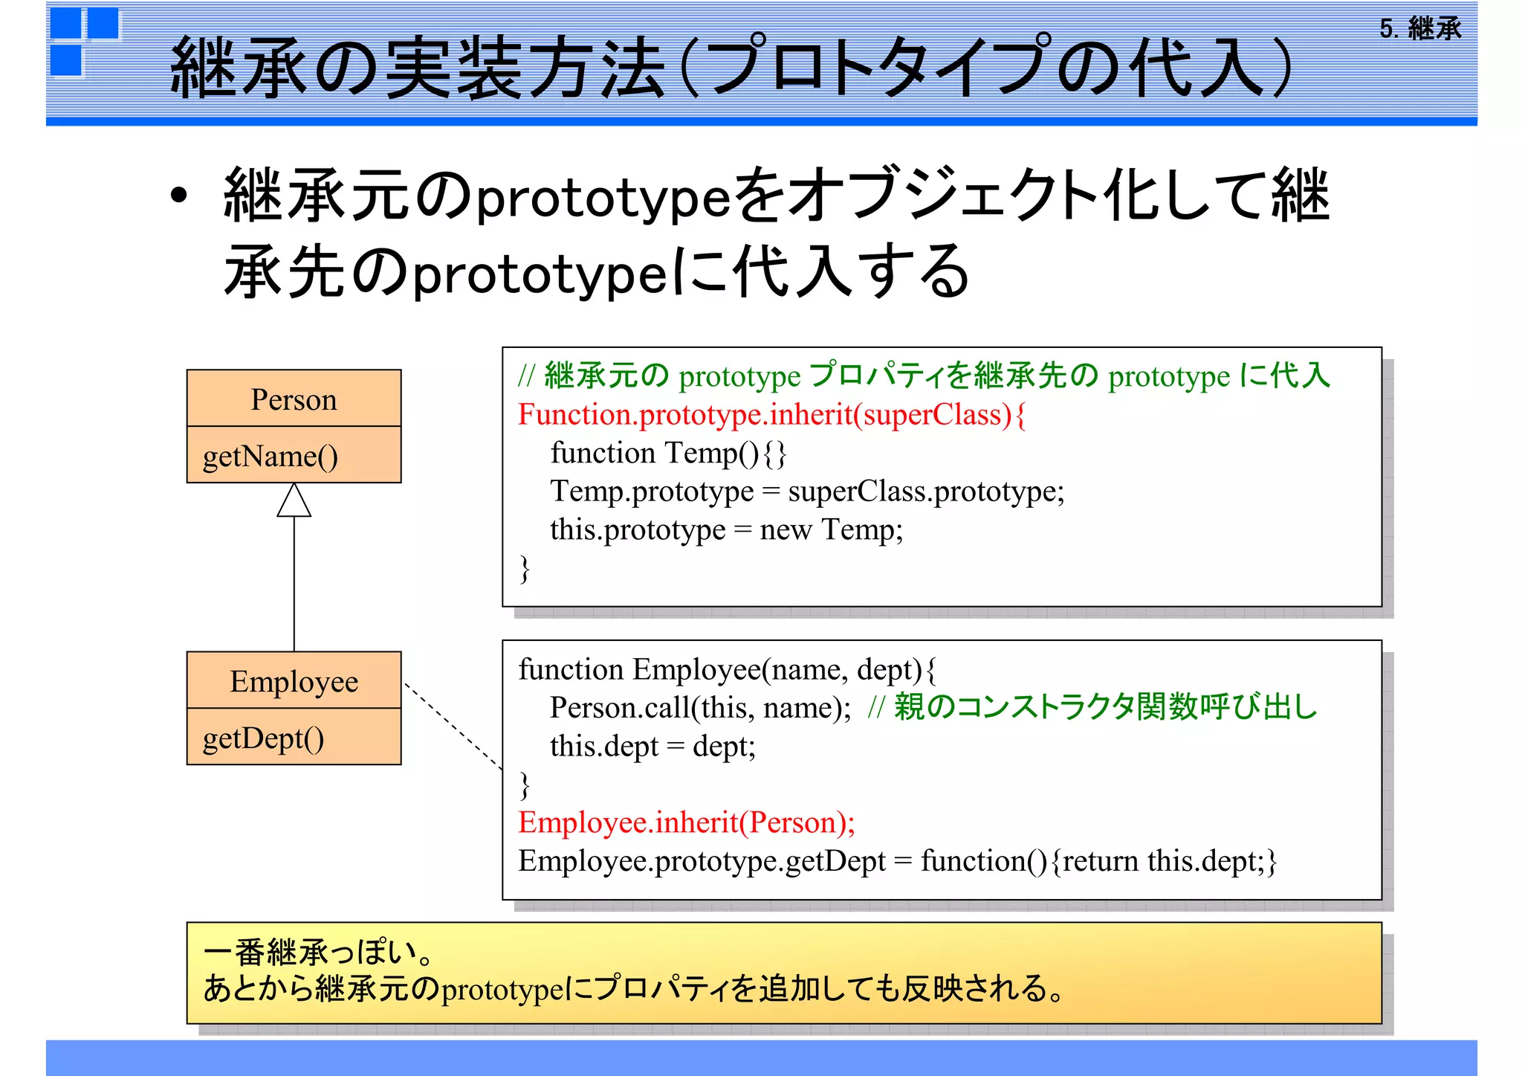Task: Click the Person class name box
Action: click(x=294, y=399)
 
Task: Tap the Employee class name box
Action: click(x=294, y=681)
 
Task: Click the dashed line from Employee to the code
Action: click(x=453, y=726)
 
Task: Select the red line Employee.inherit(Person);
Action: click(x=686, y=822)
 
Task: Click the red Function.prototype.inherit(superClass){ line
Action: click(x=771, y=415)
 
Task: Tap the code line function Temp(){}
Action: click(x=667, y=453)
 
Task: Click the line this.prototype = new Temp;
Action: click(x=726, y=529)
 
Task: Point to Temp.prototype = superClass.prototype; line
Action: click(x=806, y=492)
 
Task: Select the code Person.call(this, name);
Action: click(x=700, y=708)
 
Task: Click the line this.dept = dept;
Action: click(x=652, y=746)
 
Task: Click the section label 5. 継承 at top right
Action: click(x=1419, y=29)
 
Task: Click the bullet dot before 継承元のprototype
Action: click(x=178, y=196)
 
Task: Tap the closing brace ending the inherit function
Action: click(x=525, y=569)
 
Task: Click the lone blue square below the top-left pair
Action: click(x=66, y=60)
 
